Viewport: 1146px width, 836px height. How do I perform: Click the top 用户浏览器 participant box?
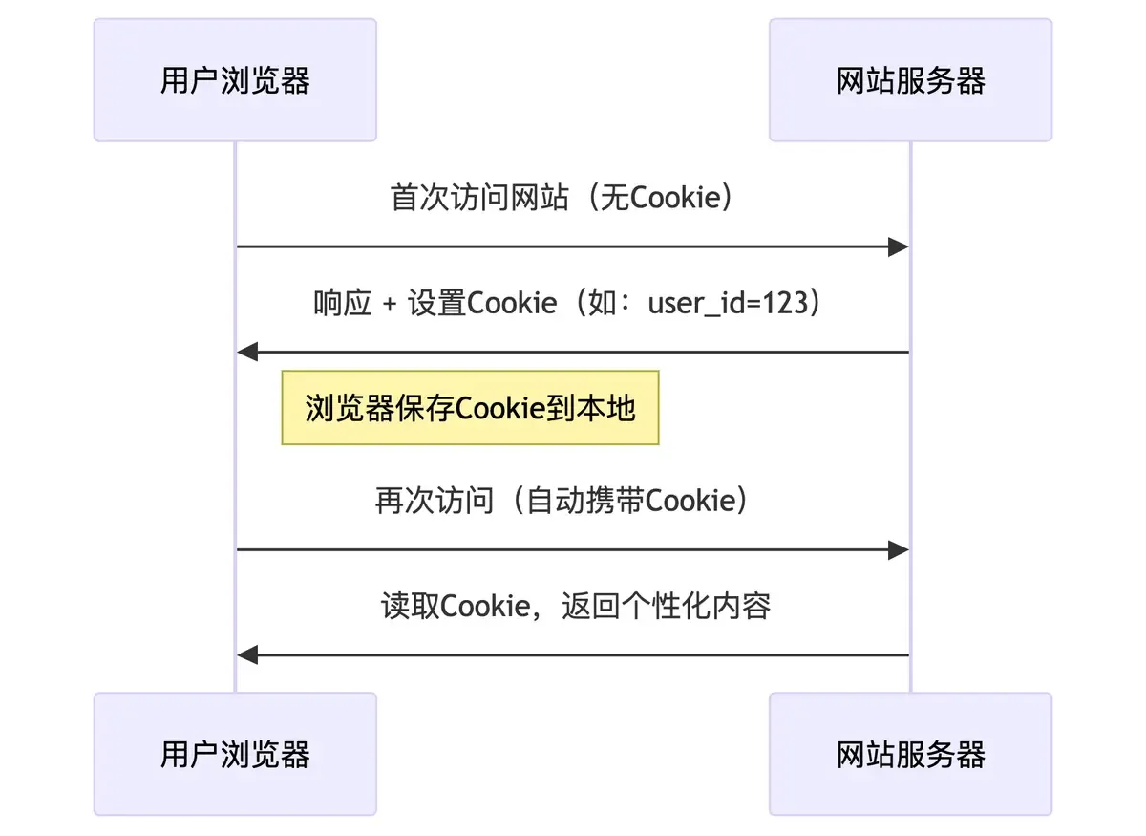[235, 80]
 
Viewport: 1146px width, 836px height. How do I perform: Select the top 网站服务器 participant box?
[910, 80]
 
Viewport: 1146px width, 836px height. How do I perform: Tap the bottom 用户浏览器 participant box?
[235, 754]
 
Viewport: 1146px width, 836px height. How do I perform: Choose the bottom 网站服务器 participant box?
[910, 754]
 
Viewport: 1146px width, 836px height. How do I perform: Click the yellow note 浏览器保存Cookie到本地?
[470, 408]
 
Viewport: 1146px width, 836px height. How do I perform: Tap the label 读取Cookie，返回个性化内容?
[576, 606]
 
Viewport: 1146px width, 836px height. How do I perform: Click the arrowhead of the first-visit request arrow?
[898, 247]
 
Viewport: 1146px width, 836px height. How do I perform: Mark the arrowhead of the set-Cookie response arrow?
[248, 353]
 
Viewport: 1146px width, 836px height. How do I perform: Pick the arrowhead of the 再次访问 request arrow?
[898, 549]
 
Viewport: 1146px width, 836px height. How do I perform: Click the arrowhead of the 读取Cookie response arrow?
[248, 654]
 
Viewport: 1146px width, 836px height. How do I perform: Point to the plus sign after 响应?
[389, 304]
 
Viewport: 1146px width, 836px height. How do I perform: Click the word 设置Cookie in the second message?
[482, 303]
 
